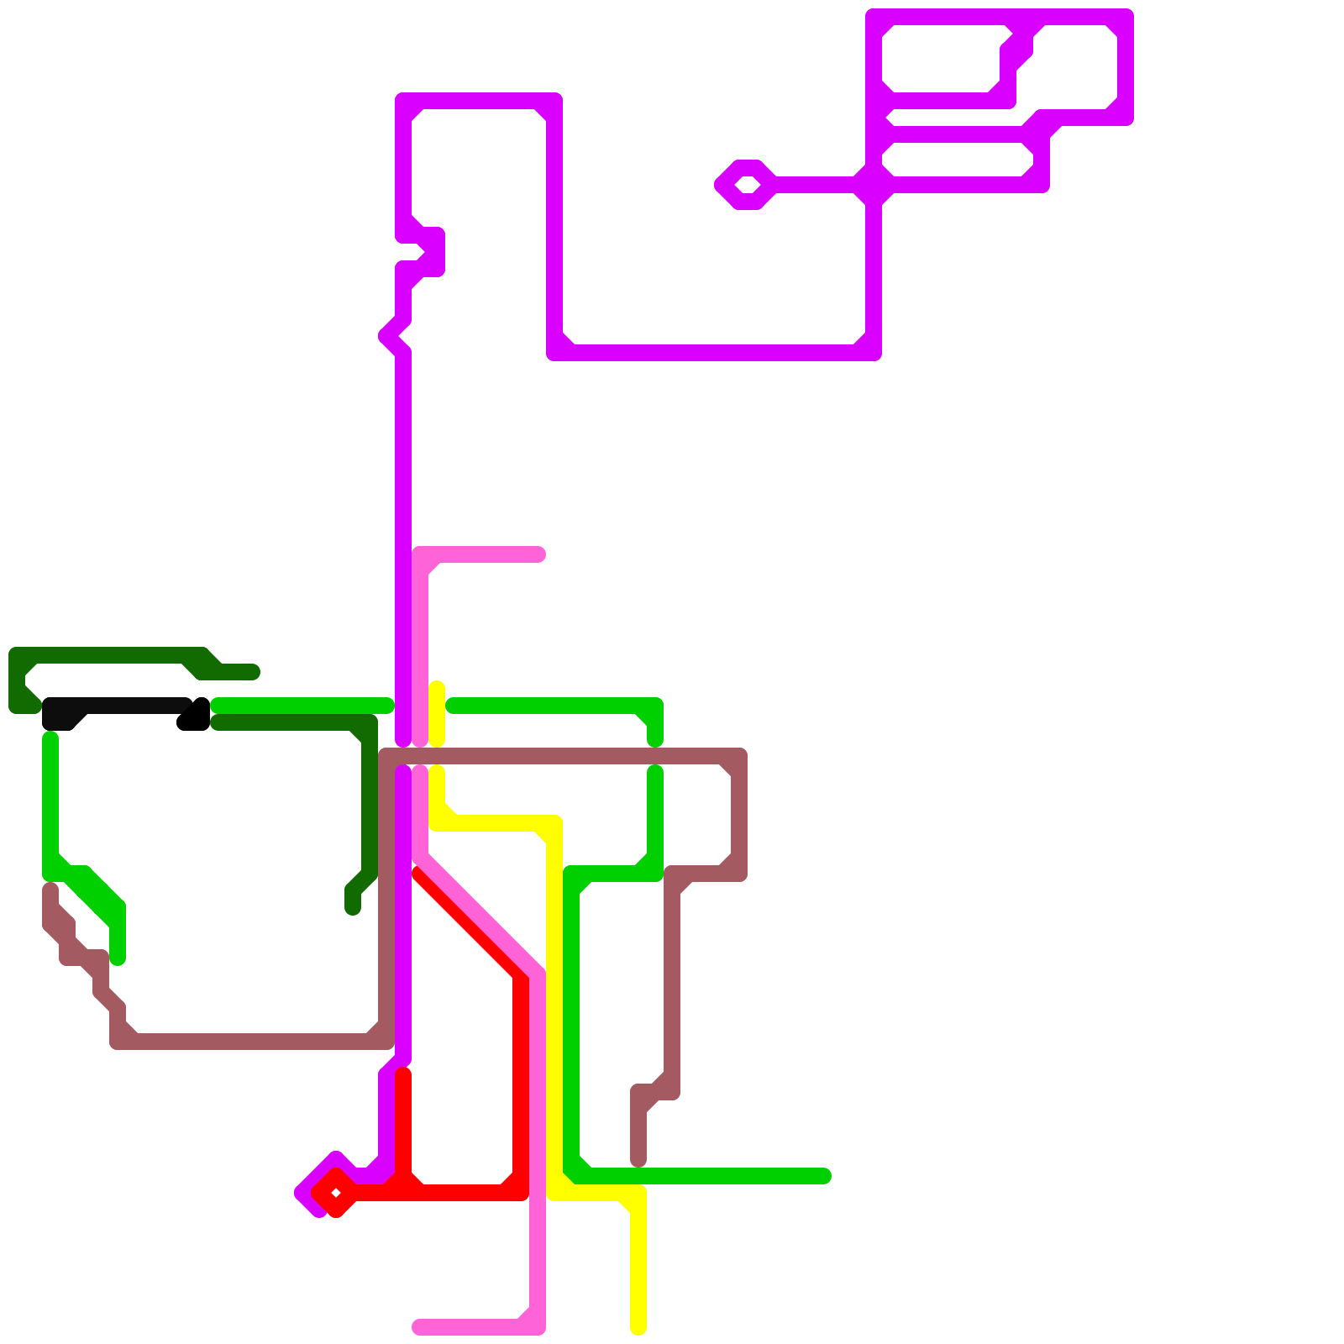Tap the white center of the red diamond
336,1192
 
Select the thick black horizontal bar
118,712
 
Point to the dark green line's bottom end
353,909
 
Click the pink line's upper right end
538,554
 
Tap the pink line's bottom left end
418,1327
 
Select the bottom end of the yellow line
638,1328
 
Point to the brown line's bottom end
638,1161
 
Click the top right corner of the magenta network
1125,17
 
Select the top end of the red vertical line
403,1074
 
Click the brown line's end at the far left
50,889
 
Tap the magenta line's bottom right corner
873,352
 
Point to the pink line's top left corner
420,555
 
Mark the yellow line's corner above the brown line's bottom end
638,1193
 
